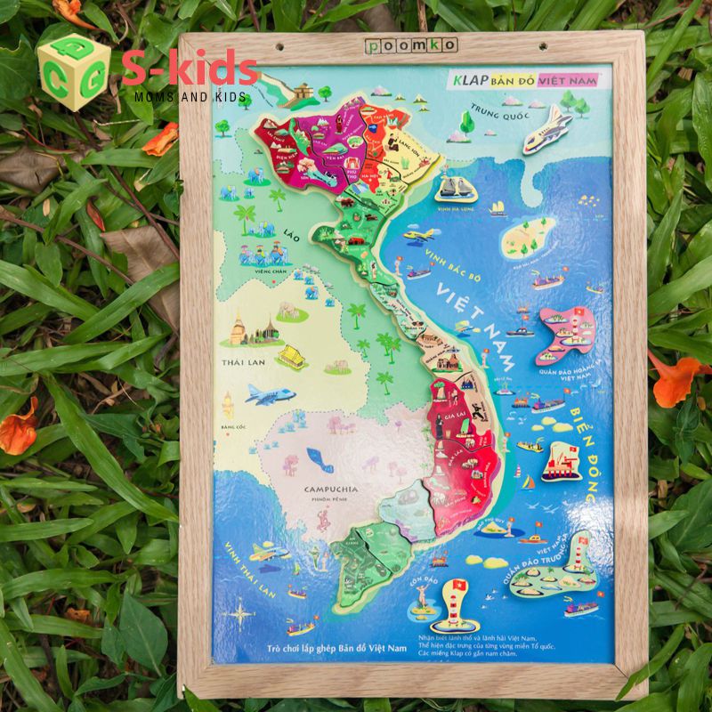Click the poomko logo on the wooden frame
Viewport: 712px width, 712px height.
[x=411, y=44]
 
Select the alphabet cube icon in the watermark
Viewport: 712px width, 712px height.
[x=73, y=71]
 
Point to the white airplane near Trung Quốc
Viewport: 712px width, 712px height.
[x=546, y=130]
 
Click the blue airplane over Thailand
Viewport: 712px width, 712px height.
[x=271, y=393]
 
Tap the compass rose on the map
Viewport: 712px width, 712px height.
[x=242, y=612]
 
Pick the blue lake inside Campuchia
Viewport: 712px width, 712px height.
[x=319, y=459]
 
